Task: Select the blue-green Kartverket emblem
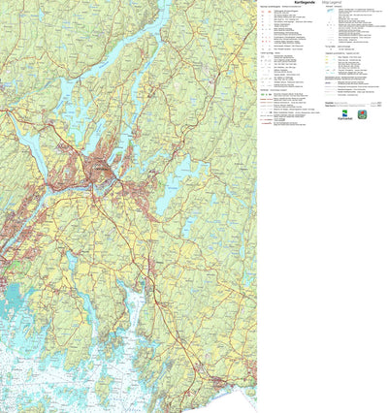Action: (x=346, y=113)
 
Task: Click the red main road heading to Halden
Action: (x=165, y=291)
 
